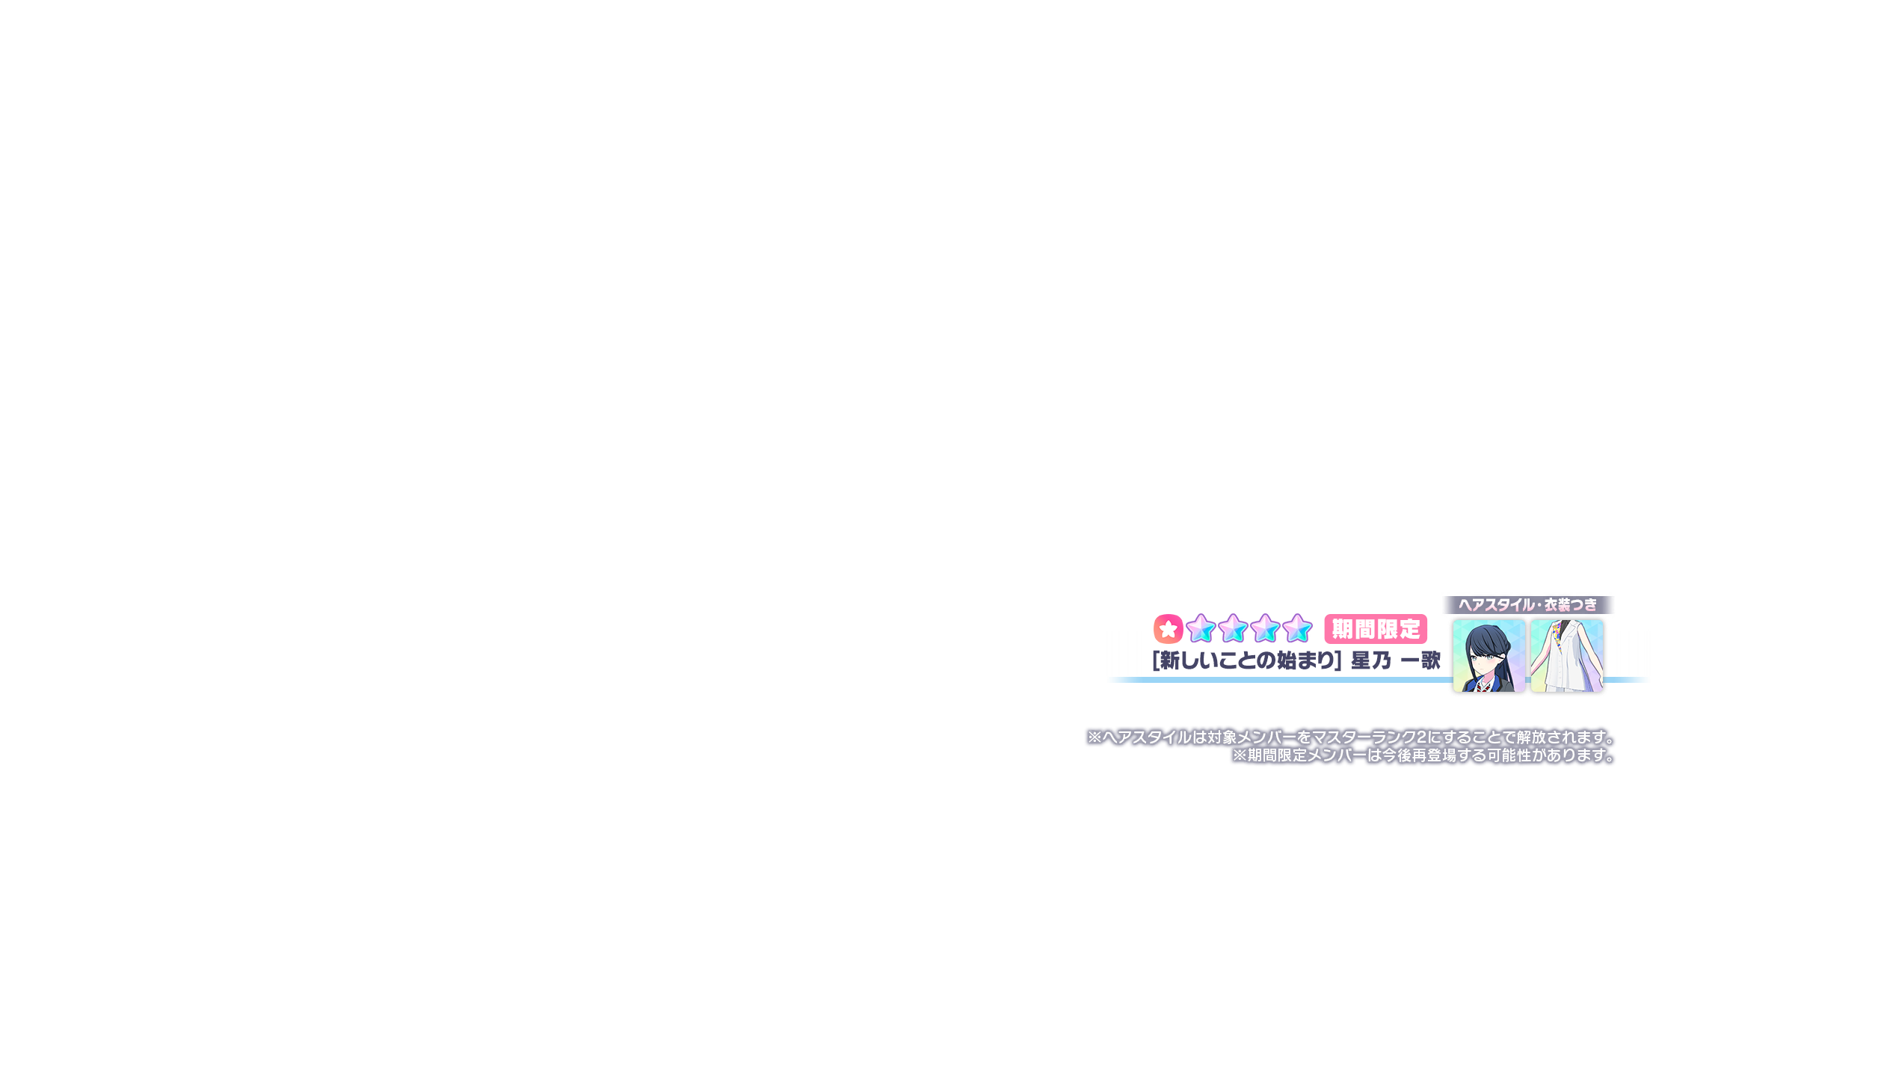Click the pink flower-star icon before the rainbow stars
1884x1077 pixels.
1168,629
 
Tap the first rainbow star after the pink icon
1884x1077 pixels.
1201,628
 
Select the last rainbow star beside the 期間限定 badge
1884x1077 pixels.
1297,628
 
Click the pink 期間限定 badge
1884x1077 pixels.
1376,629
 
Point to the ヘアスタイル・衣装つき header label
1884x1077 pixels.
1528,604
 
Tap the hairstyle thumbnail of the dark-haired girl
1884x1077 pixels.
1489,656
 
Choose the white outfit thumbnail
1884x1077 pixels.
1566,656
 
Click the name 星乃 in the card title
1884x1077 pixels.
1371,660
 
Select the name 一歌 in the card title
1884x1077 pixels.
1420,660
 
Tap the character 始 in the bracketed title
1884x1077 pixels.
1287,660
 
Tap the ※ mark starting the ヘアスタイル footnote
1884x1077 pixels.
1095,737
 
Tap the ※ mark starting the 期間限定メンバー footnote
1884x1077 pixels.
1240,756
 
